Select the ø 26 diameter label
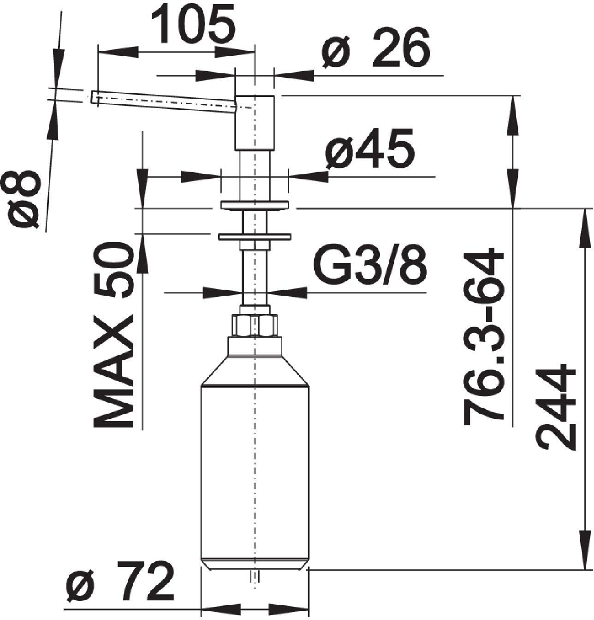coord(376,48)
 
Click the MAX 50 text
coord(113,334)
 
